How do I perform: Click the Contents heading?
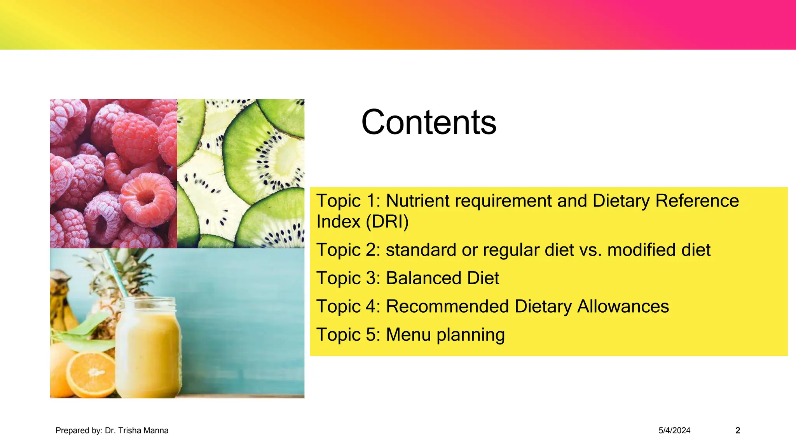429,122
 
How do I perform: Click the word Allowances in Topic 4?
623,306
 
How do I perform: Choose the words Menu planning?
445,335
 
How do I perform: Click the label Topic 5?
348,335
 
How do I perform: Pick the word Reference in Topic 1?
697,201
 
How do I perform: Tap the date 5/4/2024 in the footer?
674,430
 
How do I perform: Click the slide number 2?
738,430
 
